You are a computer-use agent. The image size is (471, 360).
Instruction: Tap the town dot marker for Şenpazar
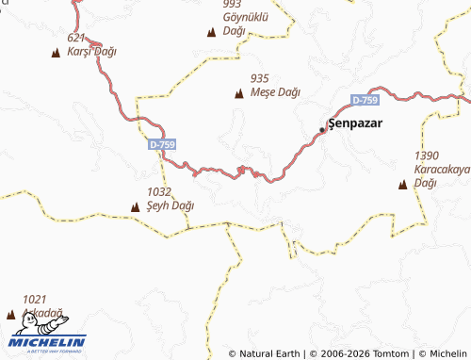pyautogui.click(x=321, y=129)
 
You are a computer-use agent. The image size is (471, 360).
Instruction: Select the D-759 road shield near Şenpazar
pyautogui.click(x=365, y=100)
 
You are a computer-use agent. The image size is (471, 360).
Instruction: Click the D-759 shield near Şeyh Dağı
pyautogui.click(x=162, y=144)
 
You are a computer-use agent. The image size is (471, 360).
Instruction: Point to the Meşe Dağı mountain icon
pyautogui.click(x=238, y=93)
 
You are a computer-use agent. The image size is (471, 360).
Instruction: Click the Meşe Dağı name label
pyautogui.click(x=276, y=92)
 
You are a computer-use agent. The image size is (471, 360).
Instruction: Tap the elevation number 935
pyautogui.click(x=261, y=78)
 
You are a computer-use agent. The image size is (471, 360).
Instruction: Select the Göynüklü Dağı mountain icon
pyautogui.click(x=210, y=33)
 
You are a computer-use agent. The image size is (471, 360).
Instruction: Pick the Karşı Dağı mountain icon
pyautogui.click(x=55, y=52)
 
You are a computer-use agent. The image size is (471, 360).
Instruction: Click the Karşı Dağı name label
pyautogui.click(x=91, y=51)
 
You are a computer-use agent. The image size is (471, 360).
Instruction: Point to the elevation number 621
pyautogui.click(x=77, y=38)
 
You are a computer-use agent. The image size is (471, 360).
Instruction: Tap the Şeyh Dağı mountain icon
pyautogui.click(x=135, y=205)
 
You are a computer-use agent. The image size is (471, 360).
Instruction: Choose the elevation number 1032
pyautogui.click(x=159, y=190)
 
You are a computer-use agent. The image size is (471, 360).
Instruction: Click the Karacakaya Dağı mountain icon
pyautogui.click(x=403, y=184)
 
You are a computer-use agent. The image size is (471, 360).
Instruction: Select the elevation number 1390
pyautogui.click(x=427, y=155)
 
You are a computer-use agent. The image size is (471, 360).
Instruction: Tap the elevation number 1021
pyautogui.click(x=34, y=299)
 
